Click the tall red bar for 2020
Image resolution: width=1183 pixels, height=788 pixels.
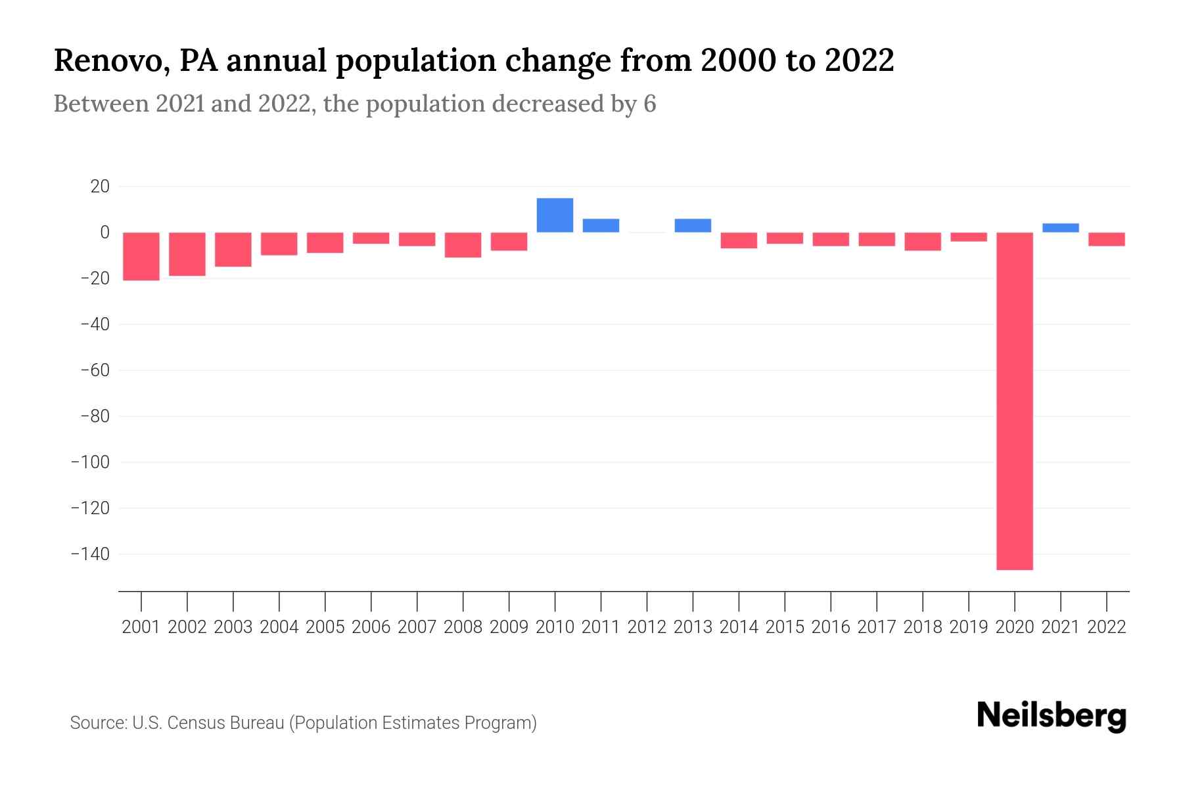pyautogui.click(x=1014, y=401)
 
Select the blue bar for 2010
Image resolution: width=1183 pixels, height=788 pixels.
pyautogui.click(x=555, y=215)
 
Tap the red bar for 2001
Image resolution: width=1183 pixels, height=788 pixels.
pyautogui.click(x=141, y=256)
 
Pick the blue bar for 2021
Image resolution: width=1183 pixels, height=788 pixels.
pyautogui.click(x=1060, y=228)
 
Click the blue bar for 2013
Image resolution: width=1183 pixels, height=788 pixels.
pyautogui.click(x=693, y=225)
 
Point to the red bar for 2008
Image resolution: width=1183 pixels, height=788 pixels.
pyautogui.click(x=463, y=245)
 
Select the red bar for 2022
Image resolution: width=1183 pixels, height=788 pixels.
pyautogui.click(x=1106, y=239)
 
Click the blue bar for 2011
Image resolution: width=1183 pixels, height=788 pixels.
pyautogui.click(x=601, y=225)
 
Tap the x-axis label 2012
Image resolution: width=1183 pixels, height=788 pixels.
pyautogui.click(x=647, y=627)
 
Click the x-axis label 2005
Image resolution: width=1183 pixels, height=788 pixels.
pyautogui.click(x=325, y=627)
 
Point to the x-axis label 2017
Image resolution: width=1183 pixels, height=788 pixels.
pyautogui.click(x=876, y=627)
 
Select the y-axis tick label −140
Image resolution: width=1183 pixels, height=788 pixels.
pyautogui.click(x=90, y=554)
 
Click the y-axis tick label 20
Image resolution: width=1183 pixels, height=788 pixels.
pyautogui.click(x=100, y=186)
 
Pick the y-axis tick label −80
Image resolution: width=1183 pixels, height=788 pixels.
pyautogui.click(x=95, y=416)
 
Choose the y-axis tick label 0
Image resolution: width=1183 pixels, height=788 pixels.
pyautogui.click(x=104, y=232)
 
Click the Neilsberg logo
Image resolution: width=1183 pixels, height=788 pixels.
pyautogui.click(x=1051, y=716)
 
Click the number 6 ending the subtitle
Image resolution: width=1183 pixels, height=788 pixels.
pyautogui.click(x=649, y=104)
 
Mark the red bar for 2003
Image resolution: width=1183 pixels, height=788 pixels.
pyautogui.click(x=233, y=250)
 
